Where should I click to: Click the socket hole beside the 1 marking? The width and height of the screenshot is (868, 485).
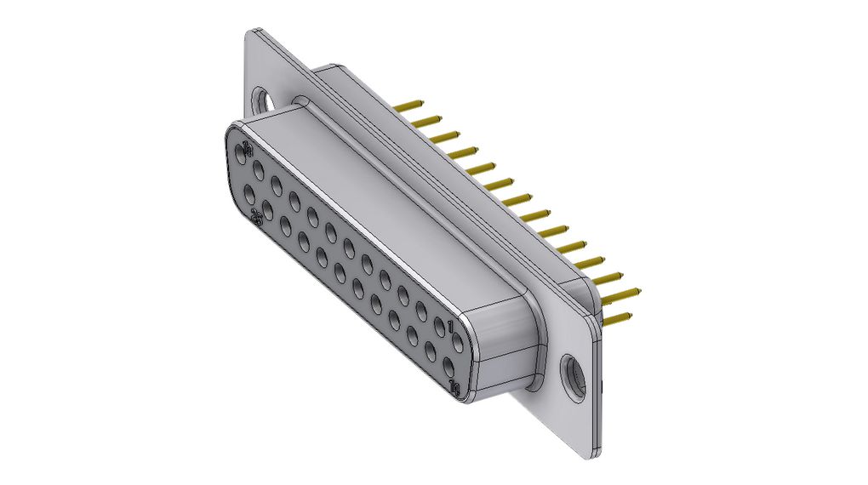pos(443,326)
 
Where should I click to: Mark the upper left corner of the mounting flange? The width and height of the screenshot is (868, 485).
pos(253,36)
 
